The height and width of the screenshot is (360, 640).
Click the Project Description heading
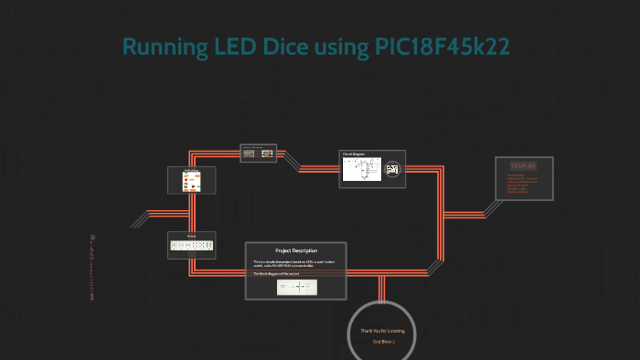[295, 250]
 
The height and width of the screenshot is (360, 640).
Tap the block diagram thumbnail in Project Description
[297, 287]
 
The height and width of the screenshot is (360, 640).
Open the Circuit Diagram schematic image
[362, 169]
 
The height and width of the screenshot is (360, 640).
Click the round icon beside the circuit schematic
[393, 170]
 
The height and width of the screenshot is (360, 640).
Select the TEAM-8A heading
[523, 165]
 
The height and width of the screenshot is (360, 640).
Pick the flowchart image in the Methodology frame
[191, 182]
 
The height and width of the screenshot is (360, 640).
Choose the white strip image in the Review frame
[191, 245]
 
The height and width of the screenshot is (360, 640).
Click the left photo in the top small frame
[249, 153]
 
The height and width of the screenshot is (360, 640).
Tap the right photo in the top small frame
[267, 153]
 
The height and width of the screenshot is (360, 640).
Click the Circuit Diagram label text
[354, 154]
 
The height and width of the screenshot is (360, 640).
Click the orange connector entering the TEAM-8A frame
[485, 174]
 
